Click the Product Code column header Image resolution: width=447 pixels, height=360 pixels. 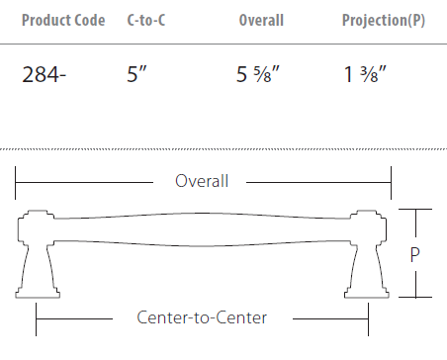coord(62,20)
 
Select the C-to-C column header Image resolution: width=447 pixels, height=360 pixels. coord(147,20)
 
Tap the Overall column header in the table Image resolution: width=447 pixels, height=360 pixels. coord(261,20)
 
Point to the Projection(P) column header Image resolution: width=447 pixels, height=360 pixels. coord(384,20)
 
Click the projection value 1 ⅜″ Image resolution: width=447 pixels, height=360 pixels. coord(365,73)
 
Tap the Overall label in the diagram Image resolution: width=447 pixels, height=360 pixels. coord(202,181)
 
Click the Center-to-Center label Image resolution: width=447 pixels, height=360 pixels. coord(202,317)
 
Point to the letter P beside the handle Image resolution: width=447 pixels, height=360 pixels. coord(418,254)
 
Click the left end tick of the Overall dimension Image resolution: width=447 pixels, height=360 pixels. coord(14,181)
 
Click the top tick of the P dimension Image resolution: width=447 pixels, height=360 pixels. coord(417,211)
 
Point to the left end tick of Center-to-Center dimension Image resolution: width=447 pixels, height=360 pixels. coord(37,317)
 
